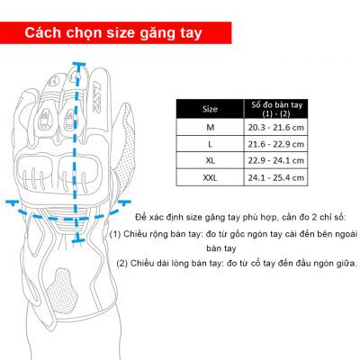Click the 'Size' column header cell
point(211,109)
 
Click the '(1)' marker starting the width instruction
point(117,233)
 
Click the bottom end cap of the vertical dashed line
point(79,239)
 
